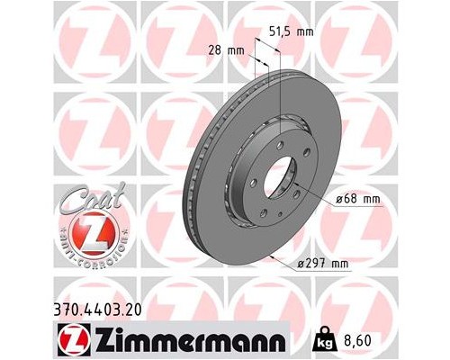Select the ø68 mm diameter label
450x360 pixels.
tap(361, 199)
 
